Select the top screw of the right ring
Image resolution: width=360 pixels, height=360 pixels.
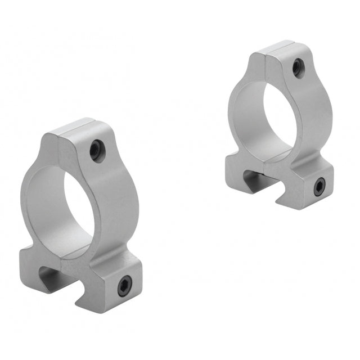297,69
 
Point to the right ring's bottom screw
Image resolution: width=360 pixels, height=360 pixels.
319,186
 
